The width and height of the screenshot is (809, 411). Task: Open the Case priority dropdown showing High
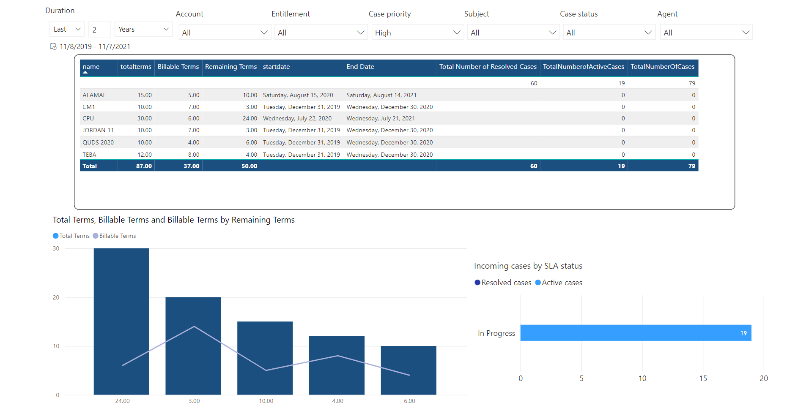417,33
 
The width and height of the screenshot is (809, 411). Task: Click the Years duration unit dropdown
144,29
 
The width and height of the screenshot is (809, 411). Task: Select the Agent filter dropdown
706,33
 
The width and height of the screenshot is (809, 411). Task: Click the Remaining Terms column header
231,67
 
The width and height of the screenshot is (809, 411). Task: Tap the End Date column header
360,67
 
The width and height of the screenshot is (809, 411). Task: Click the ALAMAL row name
94,95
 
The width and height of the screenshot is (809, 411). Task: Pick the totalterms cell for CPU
145,118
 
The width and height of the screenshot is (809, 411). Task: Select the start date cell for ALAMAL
298,95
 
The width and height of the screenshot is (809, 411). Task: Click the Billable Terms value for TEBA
194,155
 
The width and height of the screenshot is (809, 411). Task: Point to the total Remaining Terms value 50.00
250,166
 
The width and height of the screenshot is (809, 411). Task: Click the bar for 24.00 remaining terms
121,321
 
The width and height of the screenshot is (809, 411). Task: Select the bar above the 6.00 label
409,370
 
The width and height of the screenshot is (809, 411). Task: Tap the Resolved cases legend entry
503,283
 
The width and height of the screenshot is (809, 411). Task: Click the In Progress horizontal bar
636,333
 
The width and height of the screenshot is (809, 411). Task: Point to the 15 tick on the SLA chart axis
703,378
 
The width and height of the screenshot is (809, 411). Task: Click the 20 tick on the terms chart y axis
56,297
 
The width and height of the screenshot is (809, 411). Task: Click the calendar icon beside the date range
53,46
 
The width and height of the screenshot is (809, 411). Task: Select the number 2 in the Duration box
94,30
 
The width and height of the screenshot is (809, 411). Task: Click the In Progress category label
496,333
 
